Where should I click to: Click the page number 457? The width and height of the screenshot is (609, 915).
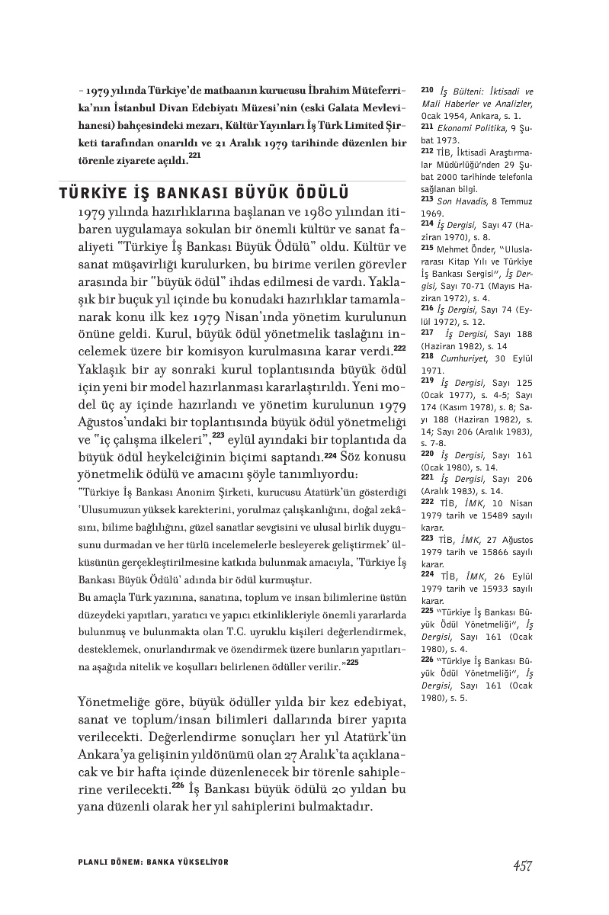521,865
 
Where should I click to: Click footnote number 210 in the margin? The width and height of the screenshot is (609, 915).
427,90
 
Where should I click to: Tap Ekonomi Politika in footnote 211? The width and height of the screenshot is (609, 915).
472,125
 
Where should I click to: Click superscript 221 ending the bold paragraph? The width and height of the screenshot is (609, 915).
194,156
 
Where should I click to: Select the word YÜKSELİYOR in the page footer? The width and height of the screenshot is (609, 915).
200,862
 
